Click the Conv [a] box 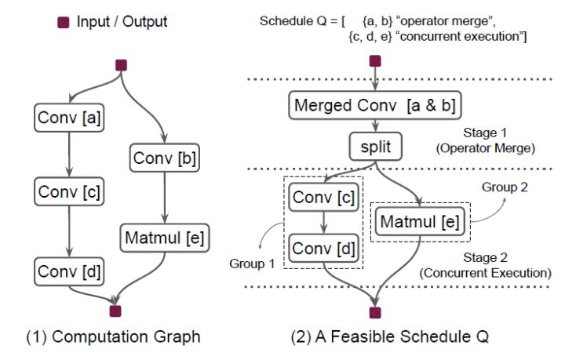click(x=70, y=118)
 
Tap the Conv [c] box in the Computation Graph click(x=70, y=191)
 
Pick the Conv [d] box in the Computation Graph click(x=70, y=271)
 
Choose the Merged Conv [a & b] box click(x=375, y=105)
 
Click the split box click(x=375, y=147)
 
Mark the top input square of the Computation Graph click(x=121, y=66)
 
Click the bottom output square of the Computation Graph click(x=115, y=311)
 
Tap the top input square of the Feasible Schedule click(x=375, y=60)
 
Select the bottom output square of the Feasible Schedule click(x=375, y=313)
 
